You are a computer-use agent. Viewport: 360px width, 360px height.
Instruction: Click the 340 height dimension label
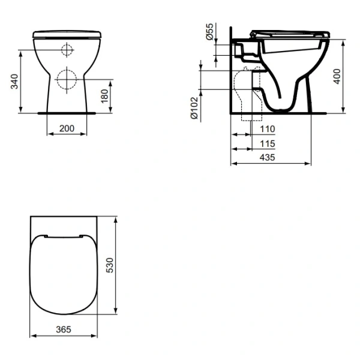14,81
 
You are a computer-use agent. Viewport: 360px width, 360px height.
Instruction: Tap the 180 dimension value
106,94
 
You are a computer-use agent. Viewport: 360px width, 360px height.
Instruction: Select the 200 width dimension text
67,129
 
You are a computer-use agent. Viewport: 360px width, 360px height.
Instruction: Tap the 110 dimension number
268,129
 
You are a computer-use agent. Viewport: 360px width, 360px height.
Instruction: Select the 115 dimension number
268,144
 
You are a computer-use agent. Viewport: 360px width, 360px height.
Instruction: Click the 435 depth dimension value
268,158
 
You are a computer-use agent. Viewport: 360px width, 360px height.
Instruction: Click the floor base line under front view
67,112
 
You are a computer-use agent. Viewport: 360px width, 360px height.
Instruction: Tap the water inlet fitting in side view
242,50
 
